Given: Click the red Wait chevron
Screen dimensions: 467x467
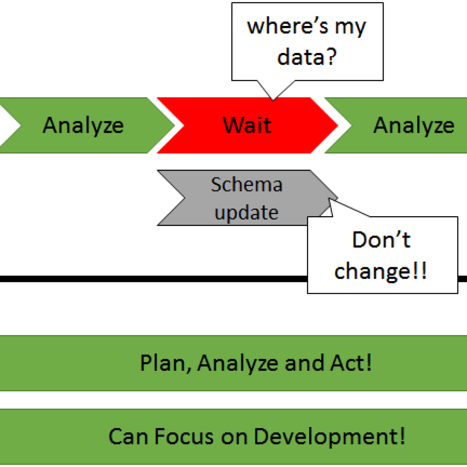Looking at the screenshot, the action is click(x=247, y=125).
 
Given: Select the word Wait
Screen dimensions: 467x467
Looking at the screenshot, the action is click(x=247, y=125).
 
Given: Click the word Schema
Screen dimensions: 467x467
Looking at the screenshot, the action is click(x=247, y=185).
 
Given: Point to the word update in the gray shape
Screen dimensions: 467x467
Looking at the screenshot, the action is click(x=247, y=213).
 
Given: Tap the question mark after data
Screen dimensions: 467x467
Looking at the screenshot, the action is click(x=331, y=56).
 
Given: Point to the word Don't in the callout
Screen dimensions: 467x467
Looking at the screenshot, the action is click(x=382, y=239).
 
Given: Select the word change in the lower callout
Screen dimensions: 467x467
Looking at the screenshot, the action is click(x=372, y=271).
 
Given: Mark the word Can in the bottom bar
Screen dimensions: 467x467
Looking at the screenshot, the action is click(x=128, y=436).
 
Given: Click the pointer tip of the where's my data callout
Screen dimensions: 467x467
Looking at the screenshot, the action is click(x=273, y=100).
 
